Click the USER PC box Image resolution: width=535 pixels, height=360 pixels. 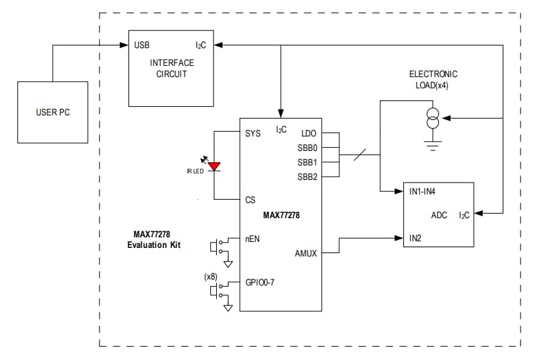coord(52,112)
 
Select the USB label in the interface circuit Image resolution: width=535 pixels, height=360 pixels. coord(142,45)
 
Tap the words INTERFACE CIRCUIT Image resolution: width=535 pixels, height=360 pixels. coord(172,69)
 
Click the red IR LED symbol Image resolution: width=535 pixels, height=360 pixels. coord(214,166)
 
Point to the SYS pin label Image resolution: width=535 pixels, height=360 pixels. coord(252,133)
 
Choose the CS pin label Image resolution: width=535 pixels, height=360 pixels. coord(250,200)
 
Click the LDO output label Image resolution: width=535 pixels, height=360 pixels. coord(309,133)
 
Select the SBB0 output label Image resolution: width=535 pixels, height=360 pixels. coord(307,148)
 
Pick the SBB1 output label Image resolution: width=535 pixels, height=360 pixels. coord(307,162)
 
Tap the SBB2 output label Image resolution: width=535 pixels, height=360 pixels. coord(307,177)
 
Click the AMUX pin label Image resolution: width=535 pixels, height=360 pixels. coord(306,253)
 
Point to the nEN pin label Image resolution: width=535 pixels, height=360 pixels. coord(252,239)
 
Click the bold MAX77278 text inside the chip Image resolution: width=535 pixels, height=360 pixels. coord(281,216)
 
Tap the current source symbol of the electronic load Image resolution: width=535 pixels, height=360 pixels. coord(433,120)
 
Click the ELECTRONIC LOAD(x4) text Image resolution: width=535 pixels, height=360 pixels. coord(433,79)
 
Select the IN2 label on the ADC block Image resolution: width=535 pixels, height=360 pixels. coord(415,237)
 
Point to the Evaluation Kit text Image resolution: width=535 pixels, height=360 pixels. coord(154,245)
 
